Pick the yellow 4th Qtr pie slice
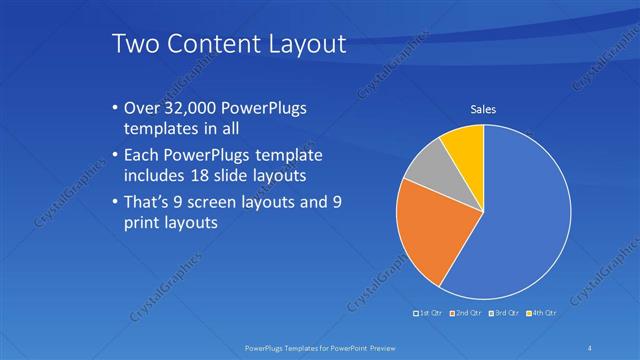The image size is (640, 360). pos(466,145)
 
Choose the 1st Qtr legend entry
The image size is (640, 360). pos(430,314)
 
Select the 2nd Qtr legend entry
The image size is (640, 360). pos(466,314)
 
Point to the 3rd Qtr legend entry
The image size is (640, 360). pos(503,314)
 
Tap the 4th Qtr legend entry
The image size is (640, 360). pos(540,314)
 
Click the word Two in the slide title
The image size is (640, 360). pos(134,44)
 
